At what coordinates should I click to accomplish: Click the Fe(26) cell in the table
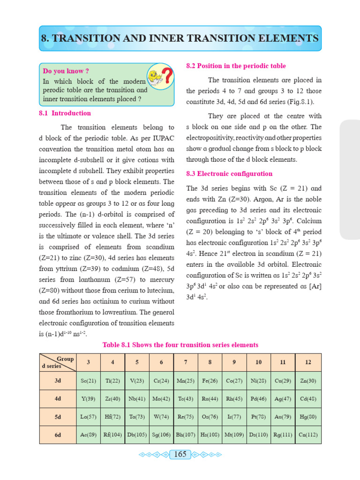[210, 381]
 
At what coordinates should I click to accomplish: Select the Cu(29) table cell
[283, 381]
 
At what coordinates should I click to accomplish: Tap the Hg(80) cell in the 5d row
[308, 417]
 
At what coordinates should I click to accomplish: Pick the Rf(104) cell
[112, 435]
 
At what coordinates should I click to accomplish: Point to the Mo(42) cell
[161, 399]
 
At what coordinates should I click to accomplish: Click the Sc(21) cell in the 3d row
[88, 381]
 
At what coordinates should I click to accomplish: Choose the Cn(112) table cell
[308, 435]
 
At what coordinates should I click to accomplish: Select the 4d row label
[58, 399]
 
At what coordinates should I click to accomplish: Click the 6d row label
[58, 435]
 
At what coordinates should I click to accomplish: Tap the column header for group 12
[308, 362]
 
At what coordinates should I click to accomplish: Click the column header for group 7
[186, 362]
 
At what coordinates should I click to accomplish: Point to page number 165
[180, 454]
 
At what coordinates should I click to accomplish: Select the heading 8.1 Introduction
[65, 113]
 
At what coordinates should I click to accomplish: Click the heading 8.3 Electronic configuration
[229, 173]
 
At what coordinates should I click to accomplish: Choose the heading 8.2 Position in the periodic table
[236, 66]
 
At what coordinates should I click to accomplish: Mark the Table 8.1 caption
[180, 345]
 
